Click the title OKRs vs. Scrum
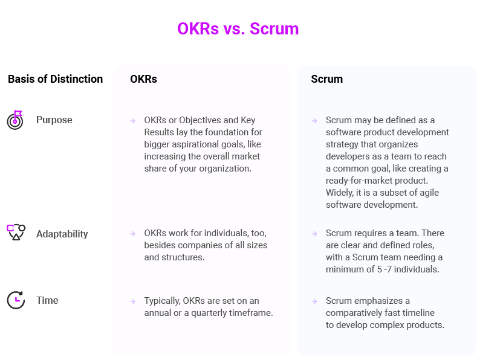(238, 28)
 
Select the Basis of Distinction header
(55, 79)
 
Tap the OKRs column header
(143, 79)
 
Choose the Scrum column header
(326, 79)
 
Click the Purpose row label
(54, 120)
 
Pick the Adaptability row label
(62, 234)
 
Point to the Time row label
(47, 300)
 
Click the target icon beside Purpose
(15, 120)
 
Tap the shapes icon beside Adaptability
(16, 232)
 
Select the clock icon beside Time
(16, 300)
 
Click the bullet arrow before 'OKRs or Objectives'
(132, 121)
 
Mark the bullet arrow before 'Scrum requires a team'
(314, 234)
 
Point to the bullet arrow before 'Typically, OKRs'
(132, 301)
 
